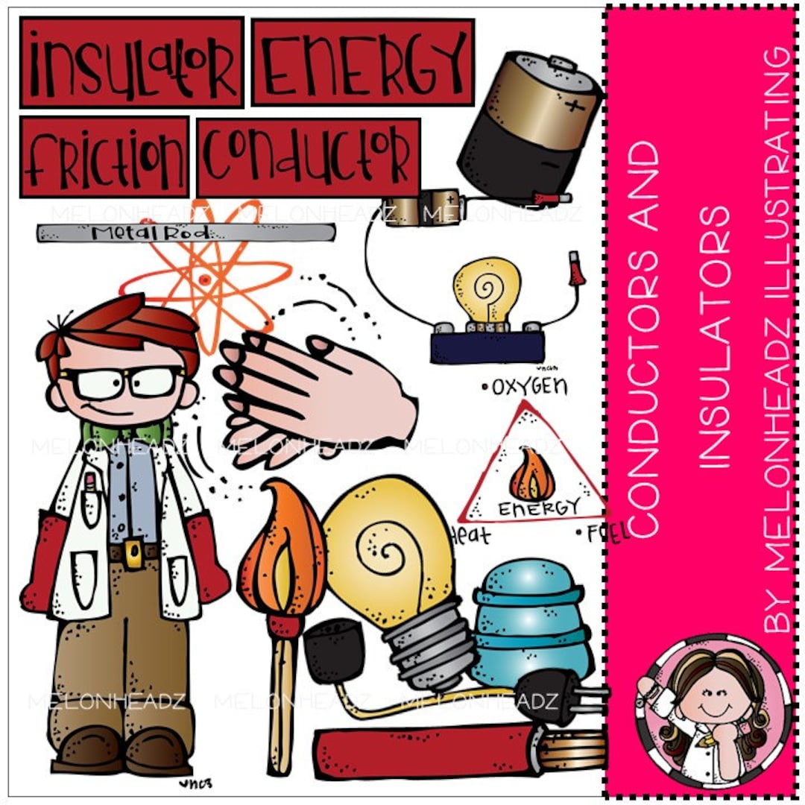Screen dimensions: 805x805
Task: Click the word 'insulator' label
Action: pyautogui.click(x=132, y=62)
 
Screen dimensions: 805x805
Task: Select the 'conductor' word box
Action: pyautogui.click(x=308, y=157)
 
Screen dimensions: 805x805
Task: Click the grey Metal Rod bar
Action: pyautogui.click(x=186, y=233)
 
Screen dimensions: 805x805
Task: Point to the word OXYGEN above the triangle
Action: pyautogui.click(x=525, y=386)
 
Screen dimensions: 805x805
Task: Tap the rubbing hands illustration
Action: pyautogui.click(x=313, y=395)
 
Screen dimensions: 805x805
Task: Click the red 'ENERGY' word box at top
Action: pyautogui.click(x=363, y=62)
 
